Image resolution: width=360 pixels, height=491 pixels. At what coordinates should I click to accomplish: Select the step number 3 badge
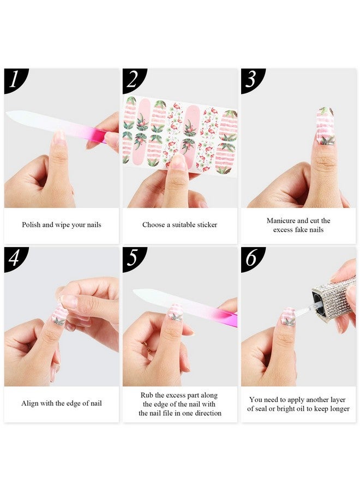(251, 79)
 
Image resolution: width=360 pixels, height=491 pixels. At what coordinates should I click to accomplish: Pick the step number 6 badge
(251, 258)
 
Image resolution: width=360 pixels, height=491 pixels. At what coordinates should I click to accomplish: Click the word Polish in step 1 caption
(31, 225)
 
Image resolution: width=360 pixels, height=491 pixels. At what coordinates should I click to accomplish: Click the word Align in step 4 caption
(31, 404)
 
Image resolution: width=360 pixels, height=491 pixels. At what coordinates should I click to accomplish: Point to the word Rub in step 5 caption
(146, 395)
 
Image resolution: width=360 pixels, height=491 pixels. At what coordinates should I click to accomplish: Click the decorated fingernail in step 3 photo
(326, 125)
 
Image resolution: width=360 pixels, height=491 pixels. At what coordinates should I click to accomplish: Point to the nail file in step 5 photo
(185, 307)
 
